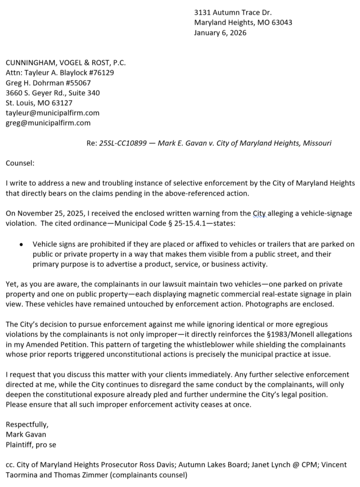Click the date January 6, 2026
point(220,33)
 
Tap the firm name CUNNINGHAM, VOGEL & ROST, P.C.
point(66,62)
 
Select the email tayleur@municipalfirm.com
point(52,113)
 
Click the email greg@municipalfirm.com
point(48,123)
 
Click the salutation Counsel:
point(20,163)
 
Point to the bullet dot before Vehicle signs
point(21,244)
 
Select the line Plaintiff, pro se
point(31,444)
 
